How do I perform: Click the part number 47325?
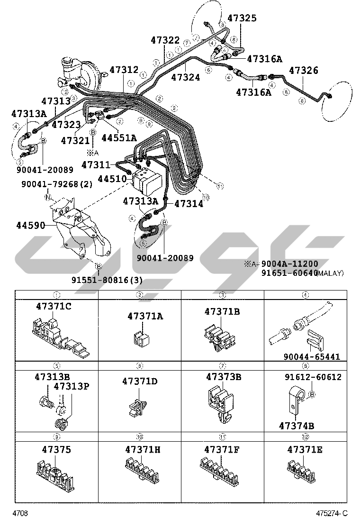[x=242, y=18]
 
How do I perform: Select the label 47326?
[x=304, y=71]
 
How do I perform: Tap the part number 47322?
[x=165, y=40]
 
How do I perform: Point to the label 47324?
[x=186, y=77]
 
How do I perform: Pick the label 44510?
[x=112, y=179]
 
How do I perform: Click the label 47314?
[x=189, y=204]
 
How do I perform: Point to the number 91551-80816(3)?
[x=107, y=280]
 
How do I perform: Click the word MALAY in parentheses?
[x=330, y=273]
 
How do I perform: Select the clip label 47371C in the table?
[x=54, y=306]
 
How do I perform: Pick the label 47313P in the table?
[x=71, y=386]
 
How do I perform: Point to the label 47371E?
[x=305, y=449]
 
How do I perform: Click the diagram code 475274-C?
[x=332, y=513]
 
